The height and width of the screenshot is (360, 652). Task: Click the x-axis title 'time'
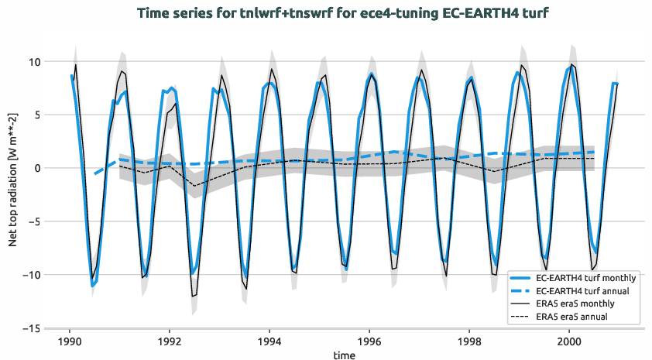tap(345, 355)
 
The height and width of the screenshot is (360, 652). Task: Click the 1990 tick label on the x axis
tap(70, 340)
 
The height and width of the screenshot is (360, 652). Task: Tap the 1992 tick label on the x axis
tap(170, 340)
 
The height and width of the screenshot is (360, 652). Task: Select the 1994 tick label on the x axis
tap(269, 340)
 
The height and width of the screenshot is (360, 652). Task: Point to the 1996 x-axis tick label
tap(369, 340)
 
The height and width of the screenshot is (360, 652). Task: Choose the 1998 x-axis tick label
tap(469, 340)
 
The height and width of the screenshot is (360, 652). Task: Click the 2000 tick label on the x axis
tap(569, 340)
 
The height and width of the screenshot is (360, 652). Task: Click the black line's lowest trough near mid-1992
tap(193, 297)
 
